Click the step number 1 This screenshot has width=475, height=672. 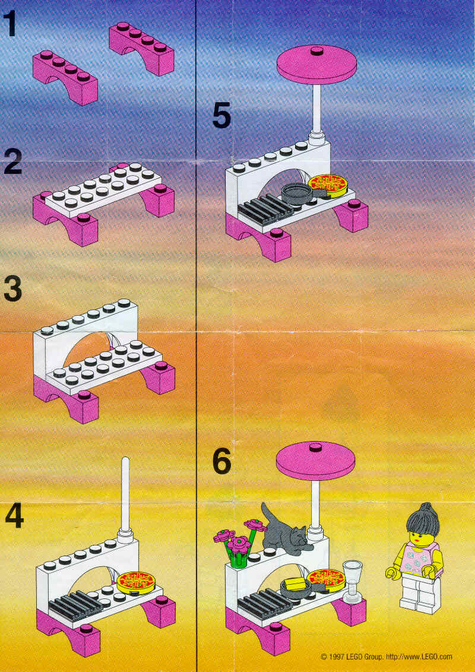(10, 24)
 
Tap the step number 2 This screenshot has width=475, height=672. (13, 162)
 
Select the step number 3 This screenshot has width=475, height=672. (13, 289)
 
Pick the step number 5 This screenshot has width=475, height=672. (221, 115)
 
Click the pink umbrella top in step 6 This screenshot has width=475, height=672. (316, 460)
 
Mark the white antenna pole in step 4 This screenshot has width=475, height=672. (125, 492)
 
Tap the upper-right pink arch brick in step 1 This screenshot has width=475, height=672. (141, 49)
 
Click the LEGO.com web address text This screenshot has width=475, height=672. (419, 656)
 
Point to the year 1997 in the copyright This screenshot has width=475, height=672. (335, 656)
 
